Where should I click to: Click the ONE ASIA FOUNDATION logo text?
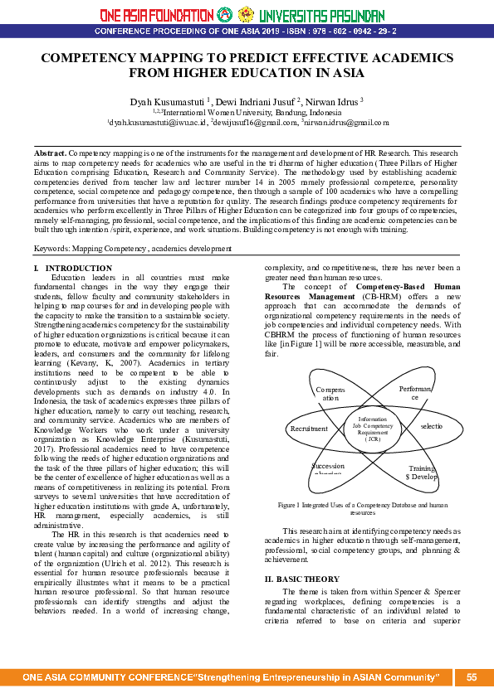click(x=155, y=15)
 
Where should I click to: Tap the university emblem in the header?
click(x=246, y=14)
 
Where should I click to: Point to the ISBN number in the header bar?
click(x=349, y=31)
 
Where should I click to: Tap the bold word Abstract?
click(x=50, y=154)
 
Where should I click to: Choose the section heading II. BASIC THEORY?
click(x=301, y=555)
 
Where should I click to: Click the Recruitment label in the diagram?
click(x=309, y=429)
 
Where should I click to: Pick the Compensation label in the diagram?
click(x=330, y=393)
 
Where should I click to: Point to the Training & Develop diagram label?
click(x=421, y=473)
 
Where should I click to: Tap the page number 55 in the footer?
click(x=472, y=677)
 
